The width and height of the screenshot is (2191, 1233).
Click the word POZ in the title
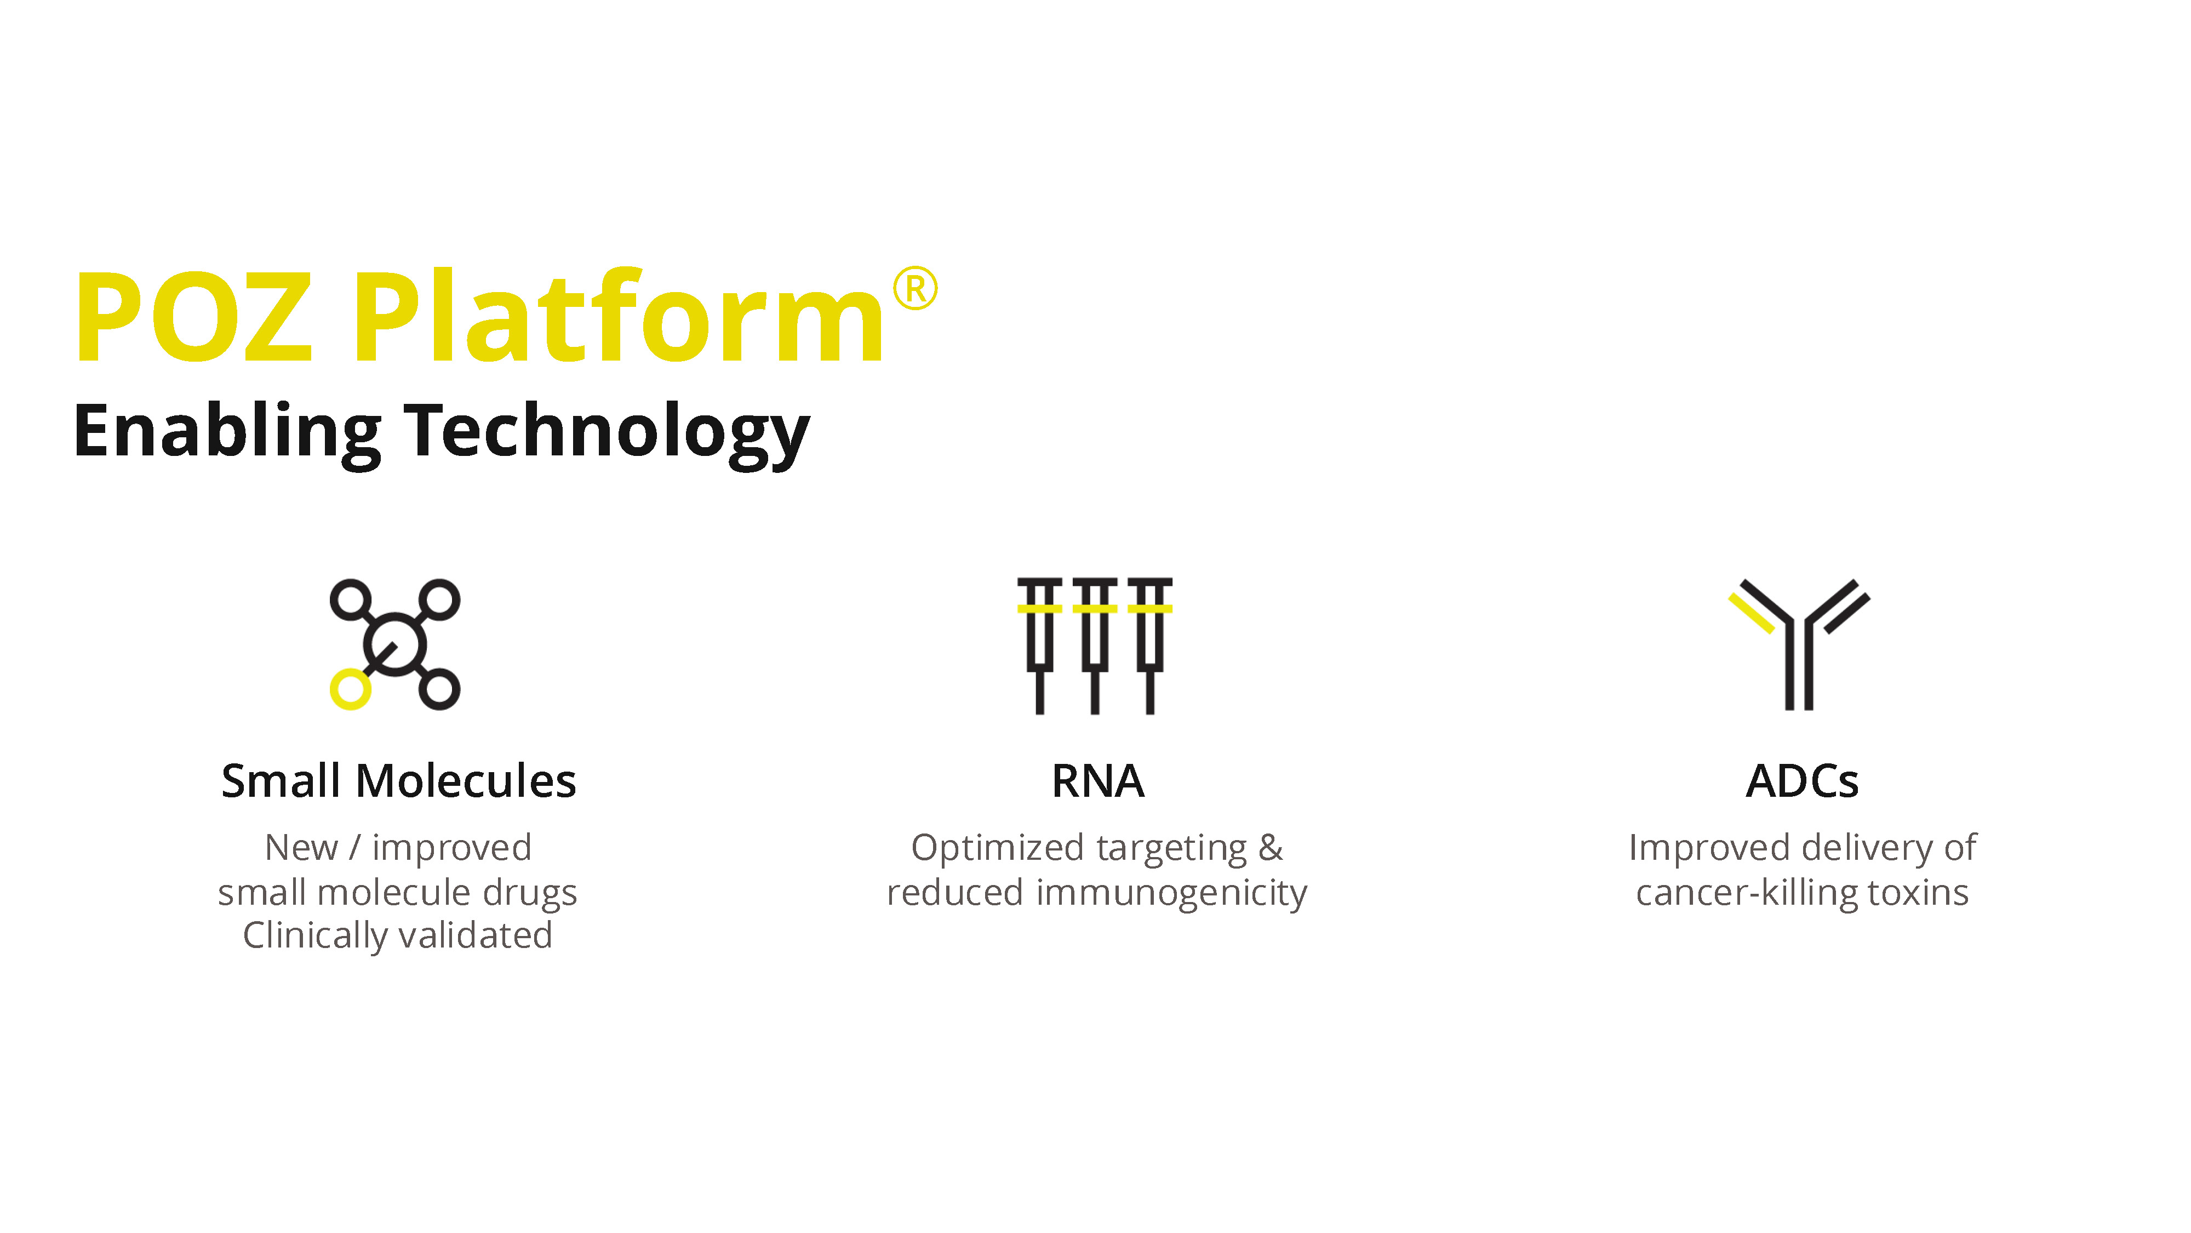click(x=194, y=317)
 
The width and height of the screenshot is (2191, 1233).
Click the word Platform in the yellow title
click(x=619, y=317)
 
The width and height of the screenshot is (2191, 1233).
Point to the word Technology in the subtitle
click(x=607, y=432)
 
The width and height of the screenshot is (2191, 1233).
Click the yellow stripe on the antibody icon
click(x=1751, y=613)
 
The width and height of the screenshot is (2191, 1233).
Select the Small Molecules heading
click(x=398, y=781)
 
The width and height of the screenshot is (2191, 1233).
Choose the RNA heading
click(x=1097, y=781)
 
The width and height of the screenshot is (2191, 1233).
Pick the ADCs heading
click(x=1801, y=781)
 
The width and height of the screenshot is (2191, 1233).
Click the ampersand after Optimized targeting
click(x=1270, y=848)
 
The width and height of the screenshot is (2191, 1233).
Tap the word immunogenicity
click(x=1171, y=893)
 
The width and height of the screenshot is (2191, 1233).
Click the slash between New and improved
click(x=354, y=848)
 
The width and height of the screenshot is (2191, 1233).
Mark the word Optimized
click(x=997, y=848)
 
